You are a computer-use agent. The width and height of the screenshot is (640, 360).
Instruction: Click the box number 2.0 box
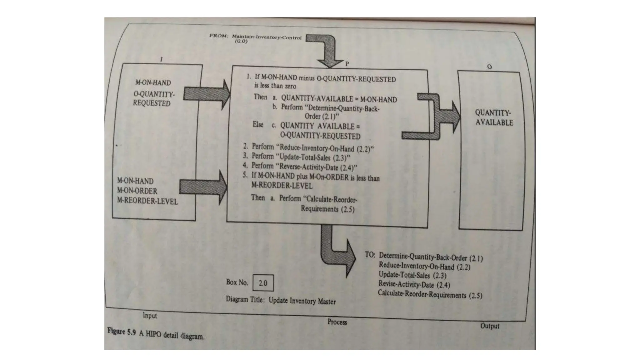[263, 283]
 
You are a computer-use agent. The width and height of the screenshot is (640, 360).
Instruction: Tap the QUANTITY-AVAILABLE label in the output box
[493, 117]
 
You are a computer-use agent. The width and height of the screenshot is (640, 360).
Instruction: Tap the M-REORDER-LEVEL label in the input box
[147, 201]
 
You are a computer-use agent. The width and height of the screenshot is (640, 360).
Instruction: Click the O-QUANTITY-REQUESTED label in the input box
[153, 99]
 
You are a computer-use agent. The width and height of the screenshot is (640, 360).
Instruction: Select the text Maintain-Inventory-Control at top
[267, 37]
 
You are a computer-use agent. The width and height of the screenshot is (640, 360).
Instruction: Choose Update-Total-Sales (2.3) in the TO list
[412, 275]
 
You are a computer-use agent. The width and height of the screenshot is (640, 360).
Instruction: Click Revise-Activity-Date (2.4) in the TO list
[414, 284]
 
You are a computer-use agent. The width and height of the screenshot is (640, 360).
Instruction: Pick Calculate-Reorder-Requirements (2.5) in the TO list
[430, 294]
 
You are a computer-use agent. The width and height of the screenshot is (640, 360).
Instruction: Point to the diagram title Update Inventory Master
[302, 301]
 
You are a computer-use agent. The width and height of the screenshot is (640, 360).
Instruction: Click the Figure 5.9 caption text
[156, 334]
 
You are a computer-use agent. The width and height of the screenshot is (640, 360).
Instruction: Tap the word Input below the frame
[150, 315]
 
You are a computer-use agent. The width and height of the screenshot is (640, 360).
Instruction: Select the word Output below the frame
[489, 326]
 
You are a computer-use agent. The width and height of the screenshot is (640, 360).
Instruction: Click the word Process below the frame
[337, 322]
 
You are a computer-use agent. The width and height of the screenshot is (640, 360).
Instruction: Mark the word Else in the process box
[258, 124]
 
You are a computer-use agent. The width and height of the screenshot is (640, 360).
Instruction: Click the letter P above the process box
[347, 64]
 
